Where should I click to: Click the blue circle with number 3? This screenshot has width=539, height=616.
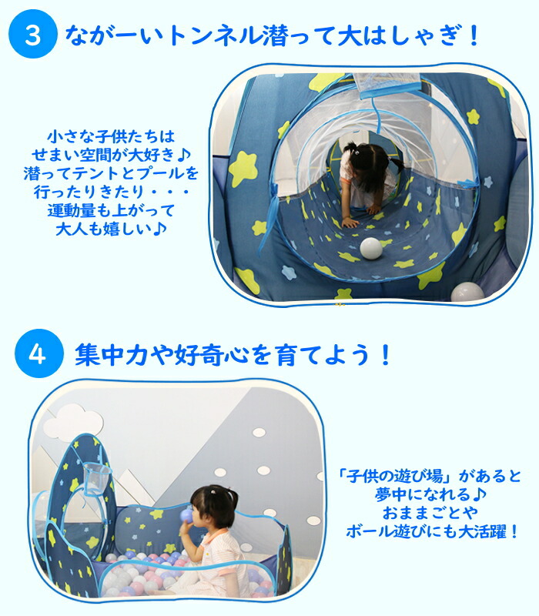[x=33, y=34]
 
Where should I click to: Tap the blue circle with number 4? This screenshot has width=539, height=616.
[x=39, y=353]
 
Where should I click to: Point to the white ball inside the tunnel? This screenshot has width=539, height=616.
[x=371, y=248]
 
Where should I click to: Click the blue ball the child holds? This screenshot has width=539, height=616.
[x=186, y=515]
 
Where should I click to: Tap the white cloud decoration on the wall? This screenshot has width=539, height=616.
[x=73, y=422]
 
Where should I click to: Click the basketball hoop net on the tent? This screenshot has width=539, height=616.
[x=95, y=477]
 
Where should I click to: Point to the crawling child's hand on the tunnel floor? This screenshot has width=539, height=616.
[x=350, y=223]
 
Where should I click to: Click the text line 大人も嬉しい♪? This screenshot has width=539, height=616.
[x=111, y=229]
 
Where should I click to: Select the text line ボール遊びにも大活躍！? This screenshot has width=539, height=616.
[x=432, y=532]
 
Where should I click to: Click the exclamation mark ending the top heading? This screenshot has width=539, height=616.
[x=474, y=35]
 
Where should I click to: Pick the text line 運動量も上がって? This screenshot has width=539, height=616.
[x=111, y=210]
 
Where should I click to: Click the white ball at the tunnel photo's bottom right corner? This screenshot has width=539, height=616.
[x=467, y=293]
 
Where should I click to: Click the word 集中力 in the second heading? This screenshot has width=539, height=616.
[x=111, y=354]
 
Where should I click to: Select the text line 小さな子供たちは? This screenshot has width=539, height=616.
[x=111, y=137]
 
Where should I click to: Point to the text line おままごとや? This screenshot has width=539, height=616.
[x=430, y=513]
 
